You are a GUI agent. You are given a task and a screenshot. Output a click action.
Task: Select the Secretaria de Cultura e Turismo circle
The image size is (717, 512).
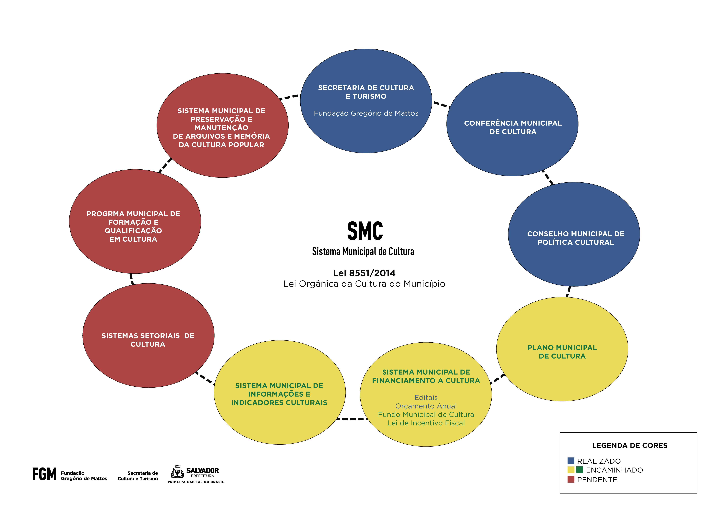(366, 101)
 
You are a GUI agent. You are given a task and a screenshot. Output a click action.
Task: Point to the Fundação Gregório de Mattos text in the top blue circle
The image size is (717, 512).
(366, 113)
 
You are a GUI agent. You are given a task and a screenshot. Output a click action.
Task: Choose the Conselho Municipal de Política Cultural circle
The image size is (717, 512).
(574, 234)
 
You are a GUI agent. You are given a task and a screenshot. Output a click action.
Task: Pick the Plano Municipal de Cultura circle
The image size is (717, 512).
(562, 349)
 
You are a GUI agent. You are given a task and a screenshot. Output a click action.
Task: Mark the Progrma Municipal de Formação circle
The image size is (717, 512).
(135, 221)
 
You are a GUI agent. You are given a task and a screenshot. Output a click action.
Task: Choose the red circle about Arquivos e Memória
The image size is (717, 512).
(222, 126)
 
